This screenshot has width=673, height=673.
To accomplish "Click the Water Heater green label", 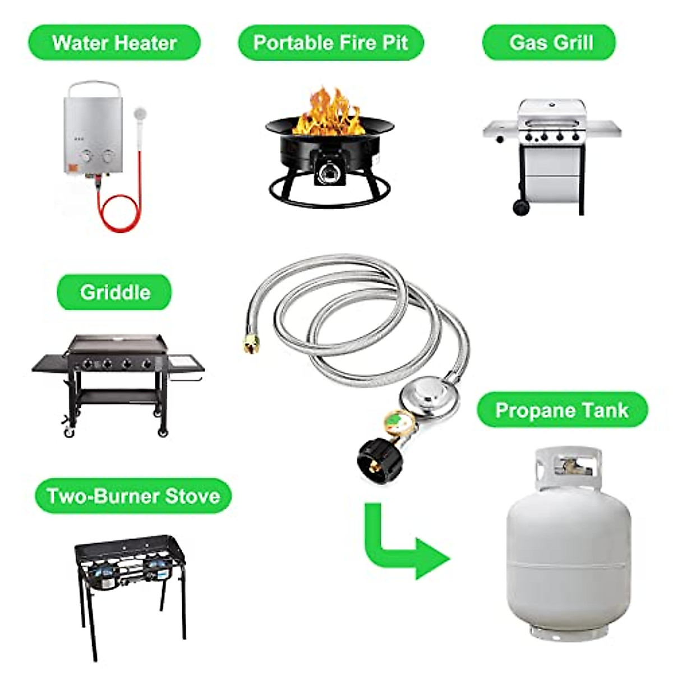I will click(114, 43).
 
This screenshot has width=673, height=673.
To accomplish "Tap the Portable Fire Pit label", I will click(330, 43).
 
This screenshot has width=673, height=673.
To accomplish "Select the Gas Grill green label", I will click(549, 43).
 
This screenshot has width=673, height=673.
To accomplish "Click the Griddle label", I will click(114, 292).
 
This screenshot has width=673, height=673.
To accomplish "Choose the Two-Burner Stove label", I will click(133, 496).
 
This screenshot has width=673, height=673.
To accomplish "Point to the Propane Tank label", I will click(562, 410).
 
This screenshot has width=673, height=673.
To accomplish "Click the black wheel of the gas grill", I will click(521, 208).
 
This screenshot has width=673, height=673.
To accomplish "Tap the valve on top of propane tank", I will click(569, 465).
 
